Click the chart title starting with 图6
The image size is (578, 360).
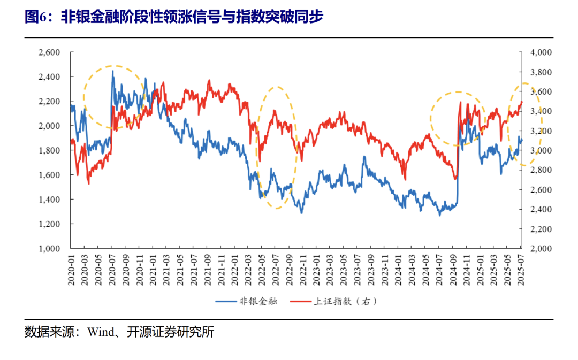click(174, 17)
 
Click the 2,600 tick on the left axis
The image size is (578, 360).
click(49, 52)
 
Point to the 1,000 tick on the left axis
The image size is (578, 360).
click(49, 249)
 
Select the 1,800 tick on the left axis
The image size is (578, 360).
click(49, 150)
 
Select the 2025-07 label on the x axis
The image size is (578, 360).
click(520, 270)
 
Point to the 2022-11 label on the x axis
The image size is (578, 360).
click(302, 270)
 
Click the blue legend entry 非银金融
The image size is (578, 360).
click(246, 302)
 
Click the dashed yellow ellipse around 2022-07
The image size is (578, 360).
click(276, 147)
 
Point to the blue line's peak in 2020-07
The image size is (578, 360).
click(112, 71)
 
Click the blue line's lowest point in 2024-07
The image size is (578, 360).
click(440, 215)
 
